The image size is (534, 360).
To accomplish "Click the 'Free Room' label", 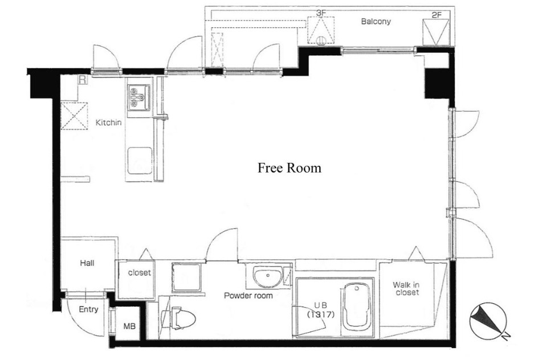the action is pyautogui.click(x=289, y=167).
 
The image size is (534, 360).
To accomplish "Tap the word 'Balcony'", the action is pyautogui.click(x=376, y=22).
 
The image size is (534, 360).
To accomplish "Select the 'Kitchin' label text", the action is pyautogui.click(x=108, y=122).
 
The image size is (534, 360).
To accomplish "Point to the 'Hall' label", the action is pyautogui.click(x=87, y=263).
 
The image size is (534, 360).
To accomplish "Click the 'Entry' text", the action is pyautogui.click(x=88, y=309).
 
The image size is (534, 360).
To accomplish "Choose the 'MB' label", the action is pyautogui.click(x=129, y=326).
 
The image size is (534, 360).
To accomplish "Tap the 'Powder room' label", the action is pyautogui.click(x=248, y=296).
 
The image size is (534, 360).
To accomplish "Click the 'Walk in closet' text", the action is pyautogui.click(x=406, y=289).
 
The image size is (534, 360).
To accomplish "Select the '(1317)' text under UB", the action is pyautogui.click(x=321, y=315).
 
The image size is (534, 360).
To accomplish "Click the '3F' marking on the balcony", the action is pyautogui.click(x=321, y=13).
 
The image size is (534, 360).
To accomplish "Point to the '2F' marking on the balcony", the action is pyautogui.click(x=437, y=15).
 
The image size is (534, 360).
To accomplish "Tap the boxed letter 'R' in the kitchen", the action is pyautogui.click(x=83, y=80).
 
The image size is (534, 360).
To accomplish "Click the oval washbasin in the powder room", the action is pyautogui.click(x=268, y=275).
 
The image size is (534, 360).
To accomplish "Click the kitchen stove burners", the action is pyautogui.click(x=139, y=97).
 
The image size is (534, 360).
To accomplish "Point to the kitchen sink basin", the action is pyautogui.click(x=140, y=161).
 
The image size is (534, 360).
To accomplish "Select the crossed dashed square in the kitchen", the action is pyautogui.click(x=74, y=116).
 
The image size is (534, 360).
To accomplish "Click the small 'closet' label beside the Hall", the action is pyautogui.click(x=139, y=272).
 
